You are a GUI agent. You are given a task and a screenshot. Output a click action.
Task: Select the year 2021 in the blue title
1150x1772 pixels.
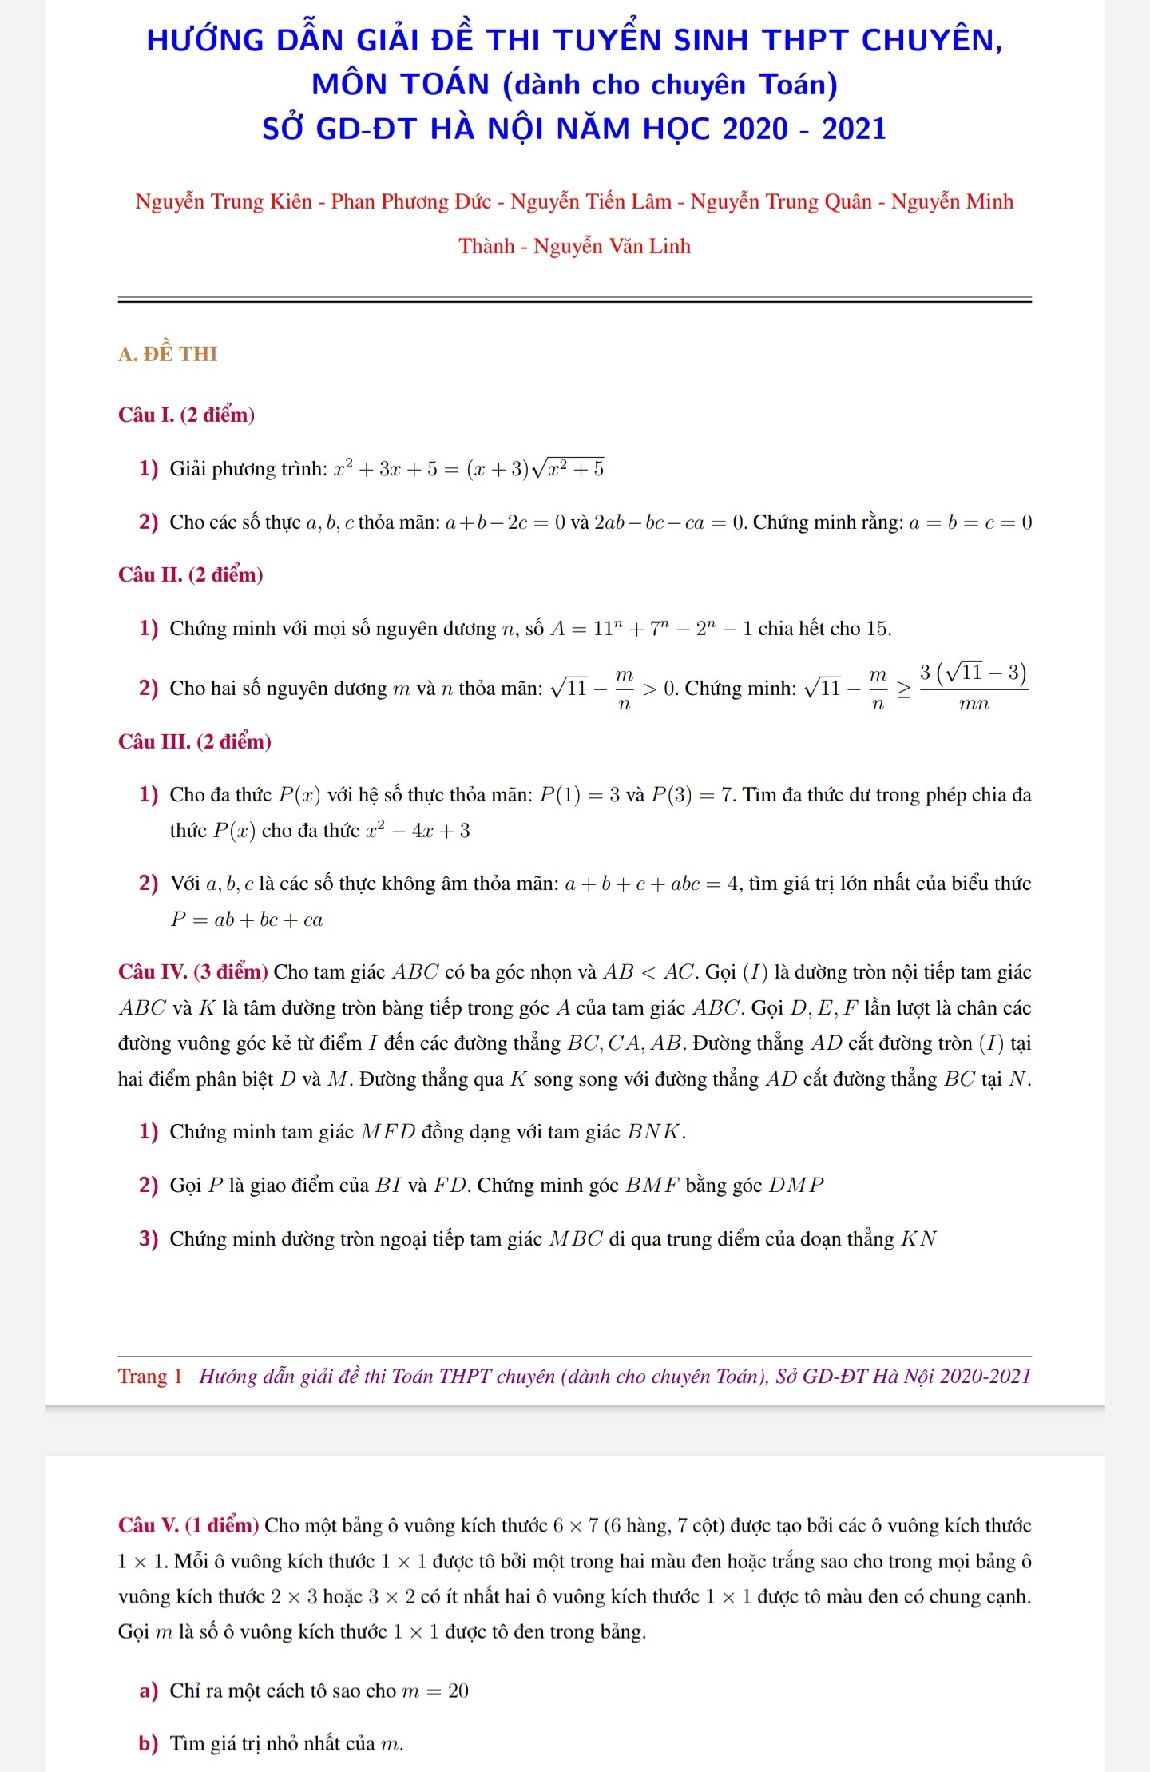[x=854, y=129]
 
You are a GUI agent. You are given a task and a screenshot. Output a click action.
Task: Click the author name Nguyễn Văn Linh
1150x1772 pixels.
[x=612, y=246]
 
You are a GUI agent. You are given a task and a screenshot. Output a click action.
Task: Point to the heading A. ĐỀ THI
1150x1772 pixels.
[x=168, y=354]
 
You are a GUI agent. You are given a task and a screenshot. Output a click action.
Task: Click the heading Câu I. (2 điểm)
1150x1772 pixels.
[x=187, y=415]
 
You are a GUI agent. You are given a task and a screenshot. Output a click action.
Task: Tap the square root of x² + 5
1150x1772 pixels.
[x=569, y=467]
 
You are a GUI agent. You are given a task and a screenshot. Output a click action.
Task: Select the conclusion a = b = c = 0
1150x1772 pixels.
[x=970, y=522]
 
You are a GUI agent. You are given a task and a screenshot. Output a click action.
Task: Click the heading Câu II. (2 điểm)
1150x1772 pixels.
[x=191, y=574]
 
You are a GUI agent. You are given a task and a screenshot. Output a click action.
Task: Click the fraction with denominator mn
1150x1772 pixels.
[x=973, y=687]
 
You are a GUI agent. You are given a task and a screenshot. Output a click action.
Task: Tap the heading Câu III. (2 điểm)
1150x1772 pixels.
[x=195, y=741]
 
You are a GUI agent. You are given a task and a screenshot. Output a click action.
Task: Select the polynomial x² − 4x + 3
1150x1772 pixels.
[x=418, y=831]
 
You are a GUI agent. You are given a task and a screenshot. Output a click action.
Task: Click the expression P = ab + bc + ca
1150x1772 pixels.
[x=247, y=920]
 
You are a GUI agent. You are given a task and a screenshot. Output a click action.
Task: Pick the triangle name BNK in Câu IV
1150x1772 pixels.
[x=654, y=1132]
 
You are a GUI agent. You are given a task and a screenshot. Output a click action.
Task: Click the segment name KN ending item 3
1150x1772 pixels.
[x=918, y=1239]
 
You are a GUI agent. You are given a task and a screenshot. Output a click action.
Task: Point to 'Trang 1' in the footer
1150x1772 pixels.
[x=150, y=1377]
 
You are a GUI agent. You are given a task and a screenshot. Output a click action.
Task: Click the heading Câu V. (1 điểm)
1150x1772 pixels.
[x=188, y=1525]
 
